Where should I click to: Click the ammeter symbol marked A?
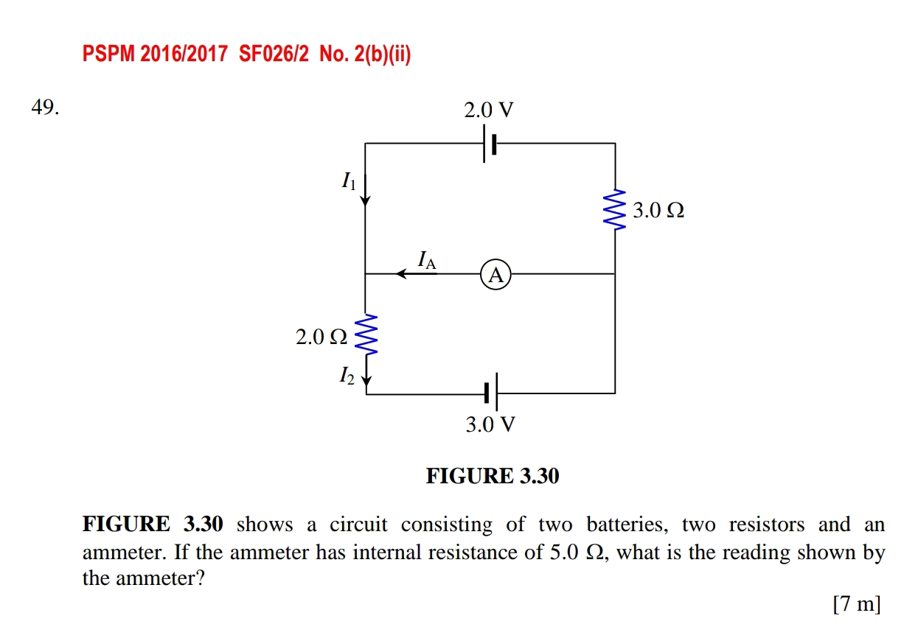496,275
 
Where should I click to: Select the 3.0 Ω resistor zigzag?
615,210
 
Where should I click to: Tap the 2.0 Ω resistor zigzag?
366,335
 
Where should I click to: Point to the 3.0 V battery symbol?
491,393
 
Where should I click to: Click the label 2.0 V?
488,111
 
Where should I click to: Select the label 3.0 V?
490,425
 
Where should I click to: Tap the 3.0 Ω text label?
659,211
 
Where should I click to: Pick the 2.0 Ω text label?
321,337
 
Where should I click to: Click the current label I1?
348,180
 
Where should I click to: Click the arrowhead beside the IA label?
402,274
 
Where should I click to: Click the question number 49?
44,108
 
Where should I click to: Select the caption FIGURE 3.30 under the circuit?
493,477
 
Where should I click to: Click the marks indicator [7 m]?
856,604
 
